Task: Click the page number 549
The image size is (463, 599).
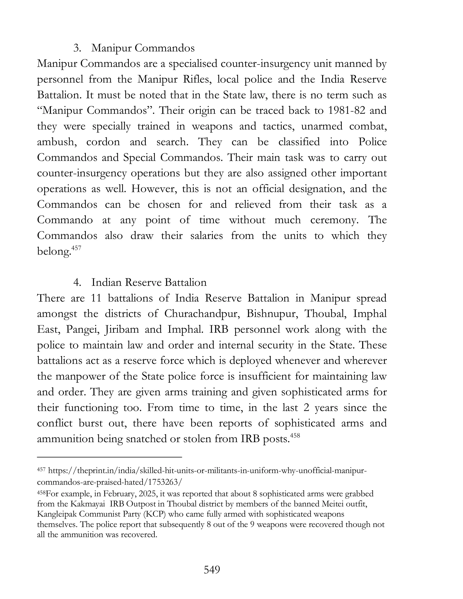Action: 212,570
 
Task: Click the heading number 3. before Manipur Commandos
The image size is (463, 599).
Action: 77,48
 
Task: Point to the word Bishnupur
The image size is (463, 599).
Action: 272,314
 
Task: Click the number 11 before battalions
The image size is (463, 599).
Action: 96,298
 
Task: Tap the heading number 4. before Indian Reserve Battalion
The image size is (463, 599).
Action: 77,283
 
